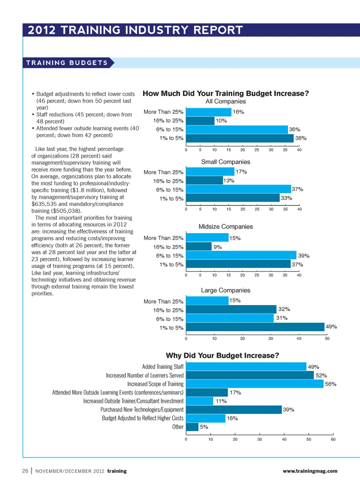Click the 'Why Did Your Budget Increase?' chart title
[x=222, y=355]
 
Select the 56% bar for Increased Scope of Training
[x=254, y=384]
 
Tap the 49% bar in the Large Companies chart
[x=255, y=327]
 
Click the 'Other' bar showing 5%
[x=192, y=427]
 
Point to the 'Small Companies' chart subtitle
[x=225, y=162]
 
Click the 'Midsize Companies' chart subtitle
[x=225, y=227]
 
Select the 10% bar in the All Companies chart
[x=200, y=121]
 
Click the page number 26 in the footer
[x=25, y=471]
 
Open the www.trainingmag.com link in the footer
[x=310, y=471]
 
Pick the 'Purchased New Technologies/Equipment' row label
[x=142, y=410]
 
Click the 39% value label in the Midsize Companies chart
[x=303, y=256]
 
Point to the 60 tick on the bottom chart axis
[x=333, y=439]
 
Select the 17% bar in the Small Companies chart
[x=210, y=172]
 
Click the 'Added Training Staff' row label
[x=163, y=367]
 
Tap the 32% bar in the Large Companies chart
[x=231, y=309]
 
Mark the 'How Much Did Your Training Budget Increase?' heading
[x=225, y=93]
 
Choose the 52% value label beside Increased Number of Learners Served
[x=321, y=376]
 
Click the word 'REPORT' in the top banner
[x=218, y=30]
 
